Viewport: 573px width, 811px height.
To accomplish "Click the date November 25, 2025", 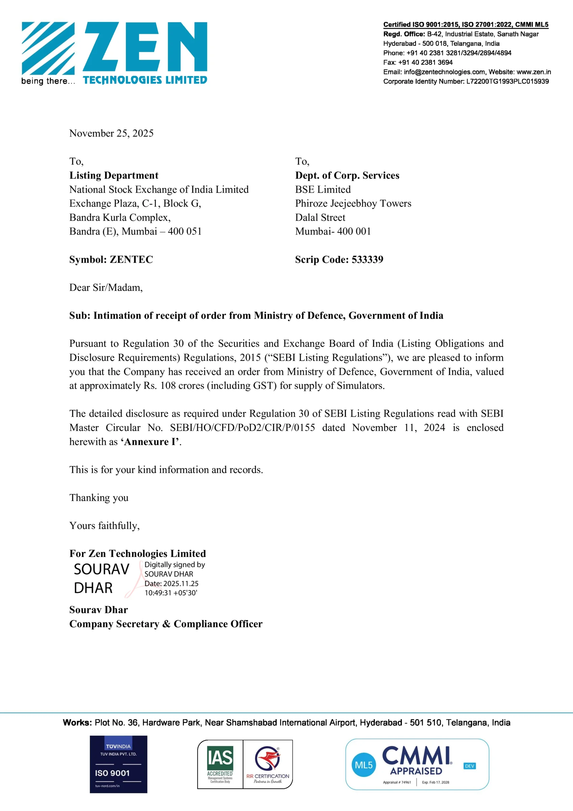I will tap(111, 133).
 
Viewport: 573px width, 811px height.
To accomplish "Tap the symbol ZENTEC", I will tap(131, 259).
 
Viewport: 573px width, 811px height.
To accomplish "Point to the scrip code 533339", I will tap(367, 259).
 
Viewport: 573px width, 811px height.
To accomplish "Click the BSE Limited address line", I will tap(323, 189).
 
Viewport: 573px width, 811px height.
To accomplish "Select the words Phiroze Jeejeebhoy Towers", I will tap(353, 203).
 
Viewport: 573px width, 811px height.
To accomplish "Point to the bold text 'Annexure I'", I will tap(150, 442).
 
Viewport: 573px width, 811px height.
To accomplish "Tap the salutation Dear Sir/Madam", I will tap(106, 288).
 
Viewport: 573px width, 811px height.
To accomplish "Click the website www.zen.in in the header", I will tap(533, 72).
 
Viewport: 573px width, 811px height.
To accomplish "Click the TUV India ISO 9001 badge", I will tap(118, 764).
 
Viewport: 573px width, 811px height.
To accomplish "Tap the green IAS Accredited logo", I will tap(220, 764).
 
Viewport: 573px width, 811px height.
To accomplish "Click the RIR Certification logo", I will tap(268, 764).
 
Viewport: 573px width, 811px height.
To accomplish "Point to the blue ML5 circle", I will tap(364, 765).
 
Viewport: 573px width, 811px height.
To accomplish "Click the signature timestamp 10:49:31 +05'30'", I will tap(171, 593).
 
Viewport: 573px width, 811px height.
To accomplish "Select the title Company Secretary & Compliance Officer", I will tap(165, 624).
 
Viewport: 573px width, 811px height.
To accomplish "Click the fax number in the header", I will tap(425, 63).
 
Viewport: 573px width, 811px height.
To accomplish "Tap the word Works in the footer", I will tap(77, 722).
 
